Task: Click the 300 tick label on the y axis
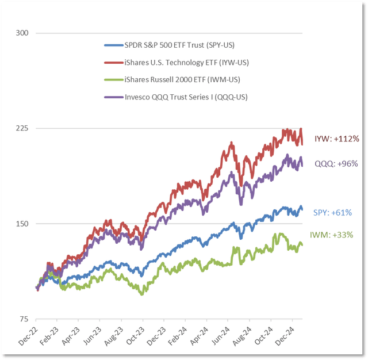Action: point(23,33)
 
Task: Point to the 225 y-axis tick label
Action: point(23,128)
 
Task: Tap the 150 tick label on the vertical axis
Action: point(23,223)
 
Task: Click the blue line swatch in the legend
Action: point(112,45)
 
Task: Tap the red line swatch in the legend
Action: point(112,62)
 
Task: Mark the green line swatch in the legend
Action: point(112,79)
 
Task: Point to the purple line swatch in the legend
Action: point(112,97)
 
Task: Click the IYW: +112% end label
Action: point(336,139)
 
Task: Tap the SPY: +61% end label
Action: point(332,213)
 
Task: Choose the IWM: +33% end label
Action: point(332,235)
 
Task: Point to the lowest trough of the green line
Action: point(141,293)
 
